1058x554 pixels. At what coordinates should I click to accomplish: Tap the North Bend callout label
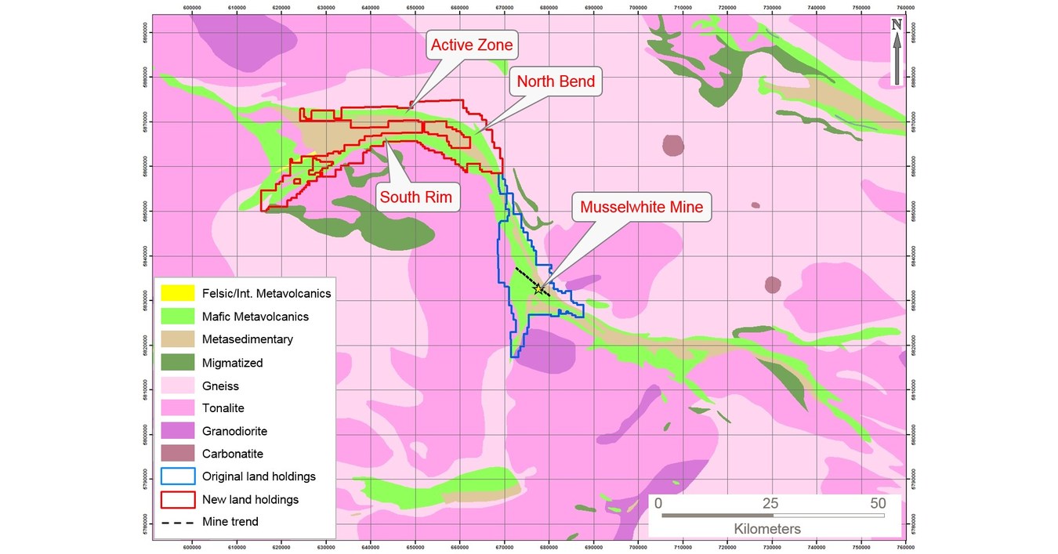click(x=556, y=81)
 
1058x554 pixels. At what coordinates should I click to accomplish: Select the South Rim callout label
click(x=415, y=197)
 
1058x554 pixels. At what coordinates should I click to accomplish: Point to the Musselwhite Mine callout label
click(x=642, y=208)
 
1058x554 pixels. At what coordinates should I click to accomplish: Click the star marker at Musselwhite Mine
click(x=538, y=289)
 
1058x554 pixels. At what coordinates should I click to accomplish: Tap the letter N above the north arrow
click(x=897, y=24)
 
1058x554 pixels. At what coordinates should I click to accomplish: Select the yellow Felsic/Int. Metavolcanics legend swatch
click(x=177, y=294)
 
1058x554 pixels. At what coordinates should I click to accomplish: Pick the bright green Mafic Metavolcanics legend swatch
click(x=177, y=317)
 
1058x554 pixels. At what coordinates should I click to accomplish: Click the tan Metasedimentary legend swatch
click(x=177, y=339)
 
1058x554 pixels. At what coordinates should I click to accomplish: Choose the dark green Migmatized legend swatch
click(x=177, y=363)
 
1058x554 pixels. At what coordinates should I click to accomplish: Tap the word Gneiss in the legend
click(x=220, y=386)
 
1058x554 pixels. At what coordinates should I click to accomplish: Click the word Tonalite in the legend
click(x=223, y=408)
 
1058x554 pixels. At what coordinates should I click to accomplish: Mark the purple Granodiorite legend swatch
click(x=177, y=431)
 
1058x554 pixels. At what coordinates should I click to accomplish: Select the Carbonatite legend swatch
click(x=177, y=454)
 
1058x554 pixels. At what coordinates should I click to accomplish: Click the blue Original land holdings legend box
click(x=177, y=476)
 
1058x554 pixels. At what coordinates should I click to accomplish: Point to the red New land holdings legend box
click(x=177, y=499)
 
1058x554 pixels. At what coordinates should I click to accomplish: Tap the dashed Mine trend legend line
click(x=177, y=522)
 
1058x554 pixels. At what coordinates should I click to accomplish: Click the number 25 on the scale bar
click(x=771, y=503)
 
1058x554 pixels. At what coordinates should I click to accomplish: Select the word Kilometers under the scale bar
click(x=767, y=529)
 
